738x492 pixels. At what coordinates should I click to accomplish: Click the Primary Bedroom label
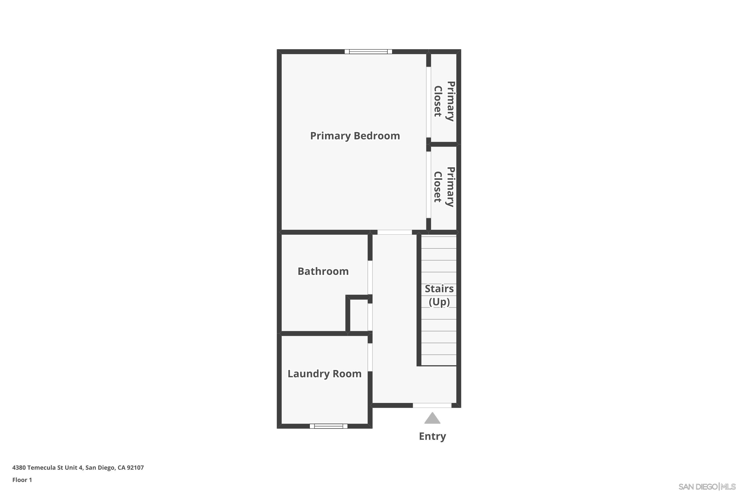pyautogui.click(x=355, y=136)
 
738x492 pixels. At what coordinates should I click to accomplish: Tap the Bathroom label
pyautogui.click(x=323, y=271)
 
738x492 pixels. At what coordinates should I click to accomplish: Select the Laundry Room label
pyautogui.click(x=324, y=374)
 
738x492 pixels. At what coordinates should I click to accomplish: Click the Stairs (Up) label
pyautogui.click(x=439, y=295)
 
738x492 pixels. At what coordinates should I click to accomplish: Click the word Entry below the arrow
pyautogui.click(x=432, y=436)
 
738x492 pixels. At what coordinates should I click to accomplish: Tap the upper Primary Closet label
pyautogui.click(x=444, y=101)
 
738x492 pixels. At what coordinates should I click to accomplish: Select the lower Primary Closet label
pyautogui.click(x=444, y=187)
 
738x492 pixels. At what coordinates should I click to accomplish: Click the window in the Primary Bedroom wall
pyautogui.click(x=368, y=52)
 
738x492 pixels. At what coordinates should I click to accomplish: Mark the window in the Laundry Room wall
pyautogui.click(x=328, y=426)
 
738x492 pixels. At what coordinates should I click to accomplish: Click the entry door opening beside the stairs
pyautogui.click(x=432, y=405)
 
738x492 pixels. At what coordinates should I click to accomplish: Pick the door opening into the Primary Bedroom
pyautogui.click(x=394, y=232)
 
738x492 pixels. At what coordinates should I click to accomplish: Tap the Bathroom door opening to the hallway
pyautogui.click(x=370, y=277)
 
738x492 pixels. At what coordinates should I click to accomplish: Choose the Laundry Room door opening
pyautogui.click(x=370, y=357)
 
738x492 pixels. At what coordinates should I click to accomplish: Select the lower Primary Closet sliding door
pyautogui.click(x=428, y=184)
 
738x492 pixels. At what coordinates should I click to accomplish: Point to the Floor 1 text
pyautogui.click(x=22, y=480)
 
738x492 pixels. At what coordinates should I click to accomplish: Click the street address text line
pyautogui.click(x=78, y=468)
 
